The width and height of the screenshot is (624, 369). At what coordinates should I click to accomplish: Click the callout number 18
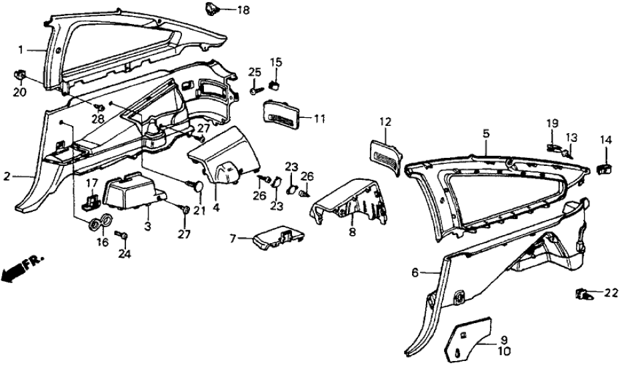(225, 10)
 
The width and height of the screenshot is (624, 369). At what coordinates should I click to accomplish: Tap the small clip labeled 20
(19, 75)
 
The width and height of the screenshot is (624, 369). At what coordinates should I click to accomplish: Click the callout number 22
(611, 292)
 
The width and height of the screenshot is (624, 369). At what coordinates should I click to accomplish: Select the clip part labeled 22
(584, 292)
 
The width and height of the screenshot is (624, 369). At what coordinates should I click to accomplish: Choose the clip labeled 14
(605, 167)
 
